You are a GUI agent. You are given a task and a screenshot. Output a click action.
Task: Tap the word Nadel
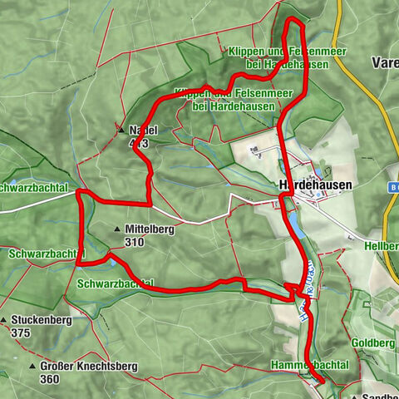tap(143, 130)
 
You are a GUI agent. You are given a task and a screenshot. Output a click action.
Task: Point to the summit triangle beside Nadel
tap(121, 130)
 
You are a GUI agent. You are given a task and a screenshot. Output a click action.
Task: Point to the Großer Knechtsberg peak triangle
tap(32, 367)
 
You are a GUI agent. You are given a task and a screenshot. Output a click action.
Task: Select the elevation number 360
tap(49, 379)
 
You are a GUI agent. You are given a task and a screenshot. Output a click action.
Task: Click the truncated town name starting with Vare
tap(385, 62)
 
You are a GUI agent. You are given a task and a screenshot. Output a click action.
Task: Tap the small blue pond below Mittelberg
tap(109, 259)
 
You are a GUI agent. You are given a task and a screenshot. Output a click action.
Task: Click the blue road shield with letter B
tap(392, 190)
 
